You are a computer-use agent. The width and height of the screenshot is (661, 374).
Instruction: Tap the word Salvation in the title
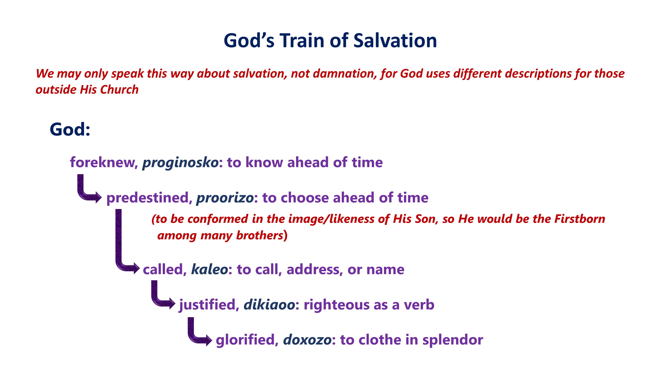click(x=395, y=41)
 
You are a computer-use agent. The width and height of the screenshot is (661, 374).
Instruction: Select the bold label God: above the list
click(x=70, y=129)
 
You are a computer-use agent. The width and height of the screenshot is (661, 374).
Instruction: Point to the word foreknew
click(x=104, y=162)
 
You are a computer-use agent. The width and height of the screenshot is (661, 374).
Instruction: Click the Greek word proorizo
click(x=225, y=198)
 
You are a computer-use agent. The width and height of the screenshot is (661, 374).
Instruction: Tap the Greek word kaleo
click(x=209, y=269)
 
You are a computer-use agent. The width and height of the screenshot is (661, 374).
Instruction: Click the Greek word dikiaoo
click(x=269, y=305)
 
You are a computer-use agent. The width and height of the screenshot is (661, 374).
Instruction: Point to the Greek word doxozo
click(x=307, y=340)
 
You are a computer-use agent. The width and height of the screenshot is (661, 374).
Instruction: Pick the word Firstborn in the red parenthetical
click(x=580, y=219)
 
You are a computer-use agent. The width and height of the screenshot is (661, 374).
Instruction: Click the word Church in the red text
click(x=119, y=90)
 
